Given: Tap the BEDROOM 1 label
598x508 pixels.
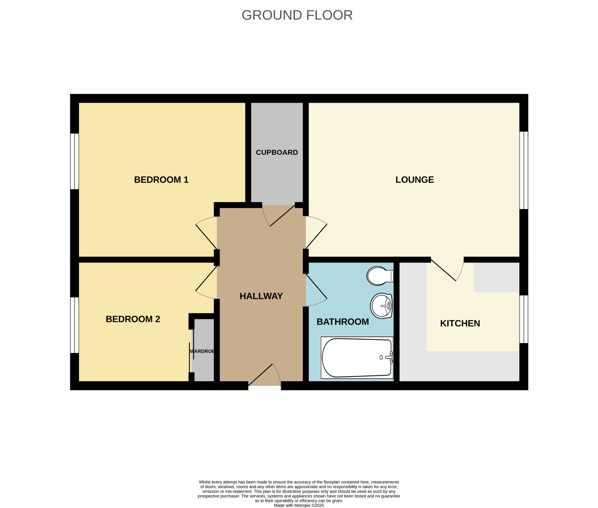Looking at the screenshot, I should pos(161,180).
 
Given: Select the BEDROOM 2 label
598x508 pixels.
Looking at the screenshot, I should pos(133,319).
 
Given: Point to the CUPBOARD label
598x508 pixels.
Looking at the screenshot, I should pos(277,152).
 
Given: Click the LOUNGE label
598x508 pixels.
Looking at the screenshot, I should pos(414,180).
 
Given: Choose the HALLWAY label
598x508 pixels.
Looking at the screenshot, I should pos(261,296).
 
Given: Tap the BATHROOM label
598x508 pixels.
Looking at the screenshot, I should pos(342,322).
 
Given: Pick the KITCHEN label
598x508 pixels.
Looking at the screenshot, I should pos(460,323).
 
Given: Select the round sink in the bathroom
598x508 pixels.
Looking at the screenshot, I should pos(381,306).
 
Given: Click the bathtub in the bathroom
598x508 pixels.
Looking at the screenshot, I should pos(357,358).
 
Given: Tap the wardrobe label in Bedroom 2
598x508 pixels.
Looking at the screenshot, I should pos(202,351).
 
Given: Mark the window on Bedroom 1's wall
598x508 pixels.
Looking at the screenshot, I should pos(75,161).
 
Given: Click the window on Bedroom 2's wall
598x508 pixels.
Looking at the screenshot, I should pos(75,325).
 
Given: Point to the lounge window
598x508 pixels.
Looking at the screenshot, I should pos(523,170).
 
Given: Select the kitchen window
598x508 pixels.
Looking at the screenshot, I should pos(523,319).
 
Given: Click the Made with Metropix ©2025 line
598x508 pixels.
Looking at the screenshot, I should pos(299,505).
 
